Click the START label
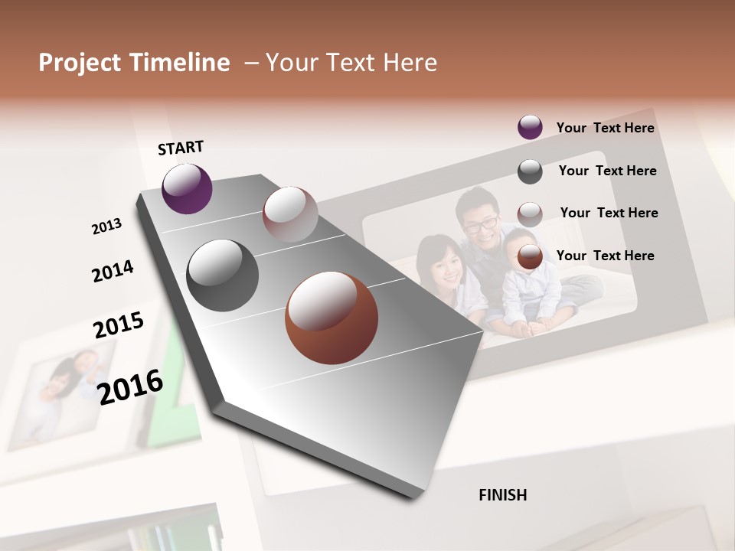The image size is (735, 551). point(181,148)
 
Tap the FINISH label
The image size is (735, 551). point(503,495)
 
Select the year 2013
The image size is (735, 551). point(106,227)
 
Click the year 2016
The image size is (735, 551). point(131,386)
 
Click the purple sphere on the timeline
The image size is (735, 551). point(187,188)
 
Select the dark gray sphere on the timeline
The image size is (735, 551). point(223,275)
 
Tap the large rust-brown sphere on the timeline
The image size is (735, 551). point(332,318)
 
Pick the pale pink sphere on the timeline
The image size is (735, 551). point(290,214)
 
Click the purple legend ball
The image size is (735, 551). point(530,127)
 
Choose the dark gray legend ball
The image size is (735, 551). point(530,171)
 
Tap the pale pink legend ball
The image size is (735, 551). point(530,214)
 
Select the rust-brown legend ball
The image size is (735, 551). point(530,257)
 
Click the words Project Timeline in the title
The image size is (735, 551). point(134,63)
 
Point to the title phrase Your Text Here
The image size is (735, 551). point(351,63)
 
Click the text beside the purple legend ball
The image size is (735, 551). point(605,128)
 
